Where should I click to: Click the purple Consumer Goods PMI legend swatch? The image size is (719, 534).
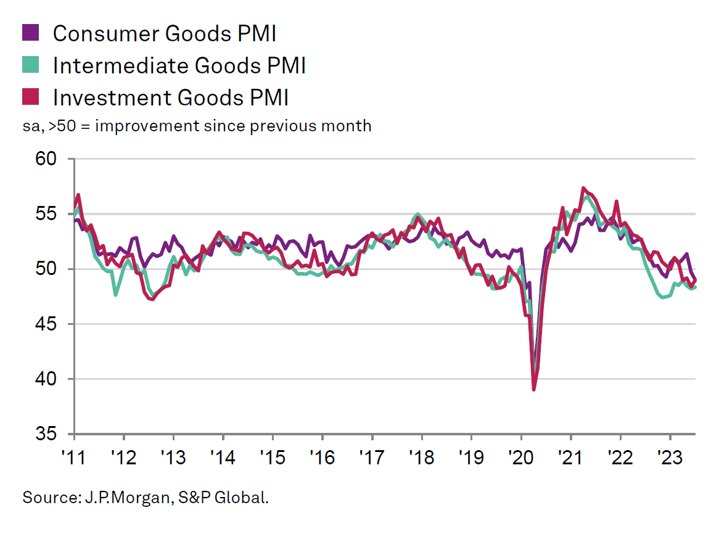pos(31,33)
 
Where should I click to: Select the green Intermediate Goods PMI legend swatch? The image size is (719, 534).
pos(31,65)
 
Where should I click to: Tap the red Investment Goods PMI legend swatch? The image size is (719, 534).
pos(31,97)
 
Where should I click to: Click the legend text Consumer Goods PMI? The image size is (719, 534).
pos(164,33)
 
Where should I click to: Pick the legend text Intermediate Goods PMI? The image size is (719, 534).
pos(179,65)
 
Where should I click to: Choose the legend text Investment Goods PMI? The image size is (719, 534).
pos(171,97)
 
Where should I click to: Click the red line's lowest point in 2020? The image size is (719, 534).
pos(533,389)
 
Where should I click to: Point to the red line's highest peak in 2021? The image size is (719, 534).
pos(583,188)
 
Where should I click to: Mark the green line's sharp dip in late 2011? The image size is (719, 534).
pos(115,295)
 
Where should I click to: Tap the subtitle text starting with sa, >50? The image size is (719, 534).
pos(197,126)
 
